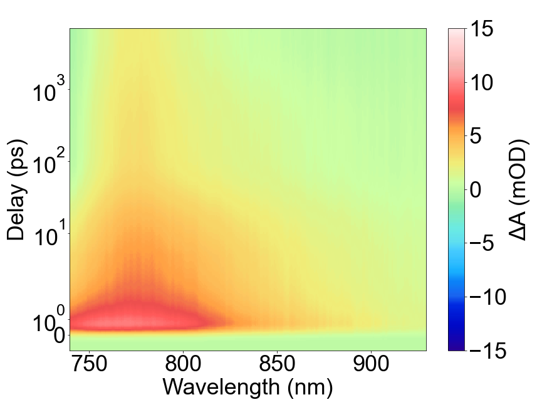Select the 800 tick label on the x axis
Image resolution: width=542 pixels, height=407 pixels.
pos(183,365)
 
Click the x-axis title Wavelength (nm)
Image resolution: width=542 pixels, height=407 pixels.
pos(248,387)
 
